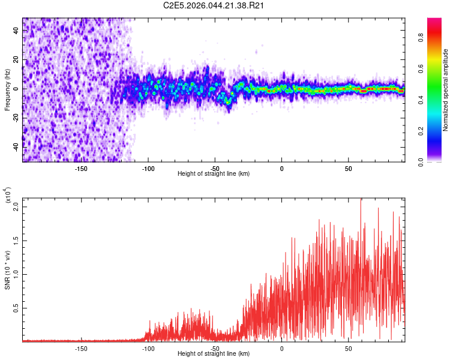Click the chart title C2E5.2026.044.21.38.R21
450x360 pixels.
click(x=214, y=6)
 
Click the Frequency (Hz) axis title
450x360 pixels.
click(x=7, y=89)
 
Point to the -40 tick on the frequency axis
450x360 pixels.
click(x=16, y=146)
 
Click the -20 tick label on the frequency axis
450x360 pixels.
click(x=16, y=118)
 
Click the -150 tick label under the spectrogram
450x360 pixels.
click(x=81, y=168)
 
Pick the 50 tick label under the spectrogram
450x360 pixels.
click(x=349, y=168)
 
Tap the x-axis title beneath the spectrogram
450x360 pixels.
click(x=214, y=174)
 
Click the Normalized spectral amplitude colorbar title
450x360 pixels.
click(x=445, y=90)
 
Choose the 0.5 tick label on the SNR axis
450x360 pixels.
click(x=16, y=308)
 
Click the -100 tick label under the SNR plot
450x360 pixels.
click(x=148, y=348)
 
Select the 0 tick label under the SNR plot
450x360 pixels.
click(x=282, y=348)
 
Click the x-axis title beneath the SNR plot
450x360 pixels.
click(x=214, y=354)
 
